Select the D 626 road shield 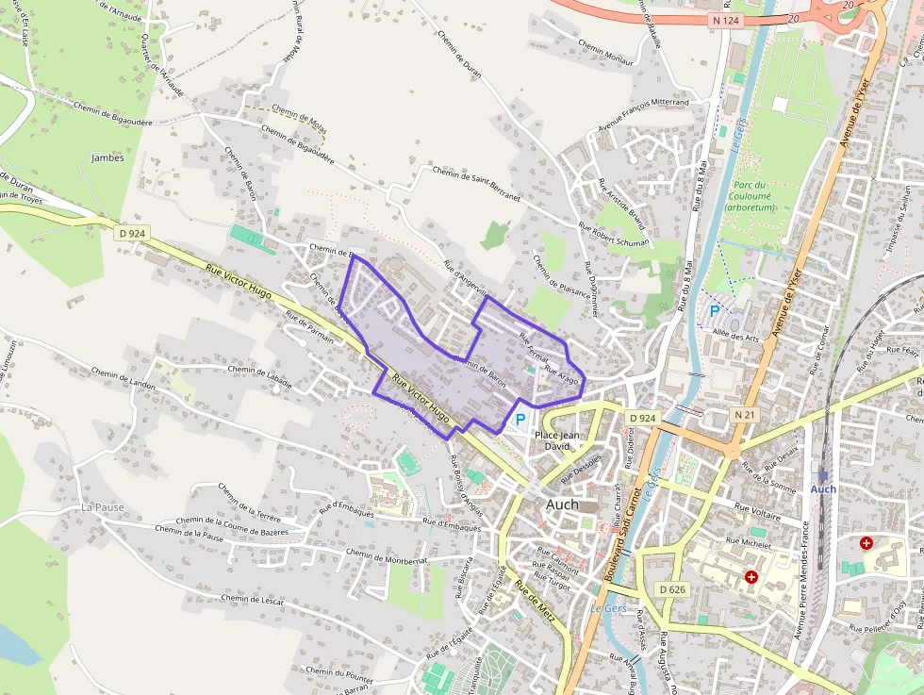pyautogui.click(x=672, y=589)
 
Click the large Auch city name pyautogui.click(x=563, y=505)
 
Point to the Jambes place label pyautogui.click(x=108, y=157)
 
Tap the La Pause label pyautogui.click(x=103, y=506)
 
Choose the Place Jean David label pyautogui.click(x=553, y=440)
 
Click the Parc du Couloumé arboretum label pyautogui.click(x=751, y=196)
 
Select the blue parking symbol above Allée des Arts pyautogui.click(x=714, y=309)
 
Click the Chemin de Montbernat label pyautogui.click(x=387, y=555)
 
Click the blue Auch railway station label pyautogui.click(x=823, y=488)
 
